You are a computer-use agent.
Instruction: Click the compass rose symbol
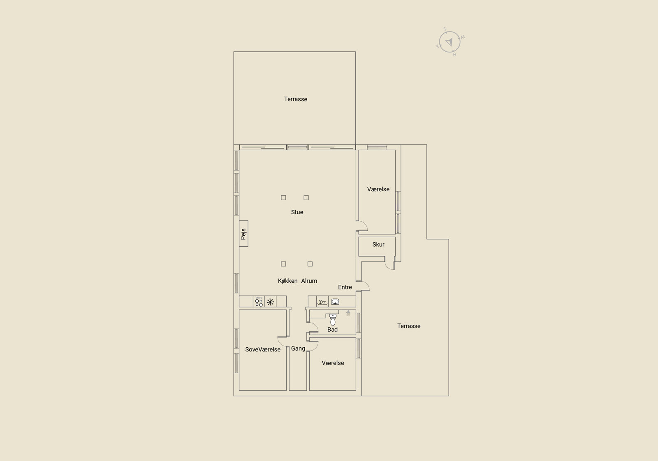click(x=450, y=42)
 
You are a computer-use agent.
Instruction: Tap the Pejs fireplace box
click(x=243, y=234)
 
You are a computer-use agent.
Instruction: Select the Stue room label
click(x=297, y=212)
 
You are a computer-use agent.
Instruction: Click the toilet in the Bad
click(x=333, y=320)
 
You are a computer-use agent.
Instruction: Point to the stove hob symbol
click(x=259, y=302)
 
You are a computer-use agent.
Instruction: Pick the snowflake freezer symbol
click(x=270, y=302)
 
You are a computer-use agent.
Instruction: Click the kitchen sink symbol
click(x=335, y=301)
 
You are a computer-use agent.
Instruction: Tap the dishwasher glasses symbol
click(x=322, y=302)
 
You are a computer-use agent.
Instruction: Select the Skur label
click(x=378, y=244)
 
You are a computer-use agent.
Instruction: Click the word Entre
click(x=345, y=287)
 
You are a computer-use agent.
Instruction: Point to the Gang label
click(x=298, y=349)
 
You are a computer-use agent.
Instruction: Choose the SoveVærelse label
click(x=263, y=349)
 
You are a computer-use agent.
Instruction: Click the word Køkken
click(x=287, y=281)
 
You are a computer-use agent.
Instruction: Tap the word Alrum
click(x=309, y=281)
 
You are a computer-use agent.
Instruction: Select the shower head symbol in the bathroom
click(x=348, y=313)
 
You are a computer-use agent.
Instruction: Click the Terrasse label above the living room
click(x=296, y=99)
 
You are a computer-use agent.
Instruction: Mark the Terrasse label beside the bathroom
click(x=409, y=326)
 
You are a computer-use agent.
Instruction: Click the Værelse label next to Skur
click(x=378, y=189)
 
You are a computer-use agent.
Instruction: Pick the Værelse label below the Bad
click(x=333, y=363)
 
